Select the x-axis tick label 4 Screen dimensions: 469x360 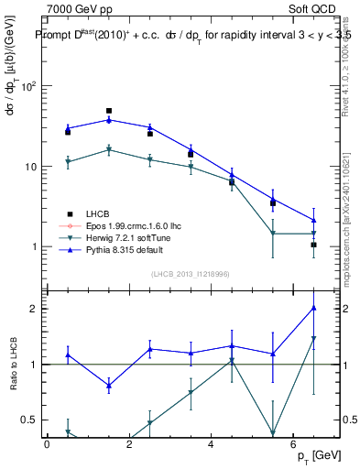[x=211, y=443]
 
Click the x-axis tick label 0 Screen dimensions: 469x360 [x=47, y=443]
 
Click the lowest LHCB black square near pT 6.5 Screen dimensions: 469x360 [x=313, y=245]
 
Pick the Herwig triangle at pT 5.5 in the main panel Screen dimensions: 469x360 [x=273, y=233]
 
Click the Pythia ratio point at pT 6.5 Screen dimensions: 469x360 [x=313, y=308]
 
